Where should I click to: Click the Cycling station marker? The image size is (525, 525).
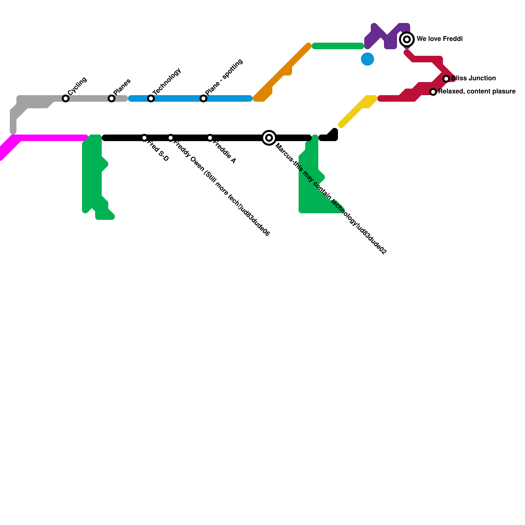click(x=66, y=98)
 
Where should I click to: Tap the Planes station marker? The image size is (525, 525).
click(x=112, y=98)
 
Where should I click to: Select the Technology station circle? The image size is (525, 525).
click(x=151, y=98)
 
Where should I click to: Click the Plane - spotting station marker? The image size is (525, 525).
click(x=203, y=98)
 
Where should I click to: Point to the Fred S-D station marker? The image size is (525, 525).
click(x=144, y=138)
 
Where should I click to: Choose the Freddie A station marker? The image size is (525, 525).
click(x=210, y=138)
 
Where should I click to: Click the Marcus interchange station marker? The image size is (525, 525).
click(x=269, y=138)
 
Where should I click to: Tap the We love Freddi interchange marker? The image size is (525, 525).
click(x=407, y=39)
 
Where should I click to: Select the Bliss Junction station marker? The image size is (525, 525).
click(x=446, y=79)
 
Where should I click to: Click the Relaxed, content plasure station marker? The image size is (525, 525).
click(x=433, y=92)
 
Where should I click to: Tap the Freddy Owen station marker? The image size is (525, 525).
click(x=171, y=138)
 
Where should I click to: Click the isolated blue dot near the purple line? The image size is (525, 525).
click(x=367, y=59)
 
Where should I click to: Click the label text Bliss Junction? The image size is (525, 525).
click(x=473, y=78)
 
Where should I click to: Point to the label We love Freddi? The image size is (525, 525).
click(x=440, y=39)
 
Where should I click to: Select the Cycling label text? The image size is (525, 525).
click(x=77, y=86)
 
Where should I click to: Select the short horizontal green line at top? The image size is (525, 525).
click(x=338, y=46)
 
